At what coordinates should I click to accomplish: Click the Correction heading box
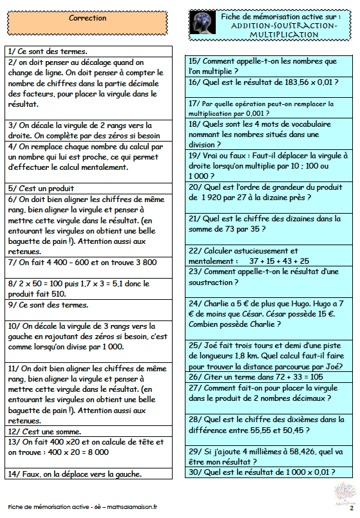point(88,19)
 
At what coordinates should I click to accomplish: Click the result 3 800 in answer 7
point(142,262)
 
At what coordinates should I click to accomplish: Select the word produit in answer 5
point(57,189)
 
